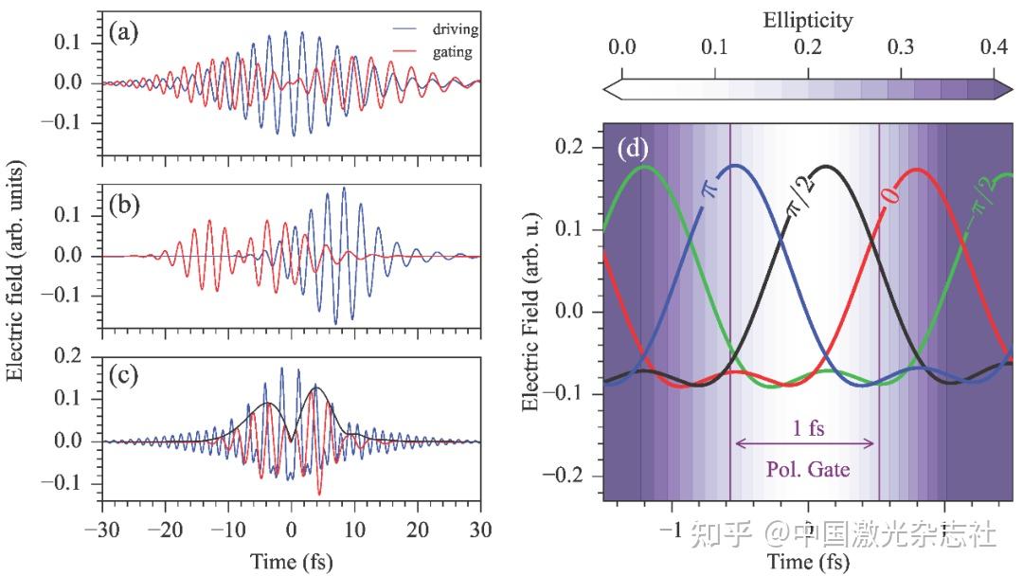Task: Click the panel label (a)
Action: (123, 32)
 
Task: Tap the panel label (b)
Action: (124, 205)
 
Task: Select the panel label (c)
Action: (123, 376)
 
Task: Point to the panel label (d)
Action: (633, 150)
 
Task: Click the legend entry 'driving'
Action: (455, 29)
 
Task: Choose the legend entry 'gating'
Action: (452, 51)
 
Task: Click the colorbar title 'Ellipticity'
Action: (808, 22)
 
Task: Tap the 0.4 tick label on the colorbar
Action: (994, 46)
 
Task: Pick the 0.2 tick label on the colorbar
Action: (808, 46)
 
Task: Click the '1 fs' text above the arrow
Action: (808, 428)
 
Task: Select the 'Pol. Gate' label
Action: (808, 469)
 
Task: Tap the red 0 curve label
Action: (892, 194)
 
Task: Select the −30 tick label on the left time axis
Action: (101, 529)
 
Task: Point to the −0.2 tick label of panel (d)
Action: (563, 475)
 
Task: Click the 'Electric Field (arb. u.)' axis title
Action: (531, 311)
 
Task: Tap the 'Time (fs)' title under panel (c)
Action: (291, 562)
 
